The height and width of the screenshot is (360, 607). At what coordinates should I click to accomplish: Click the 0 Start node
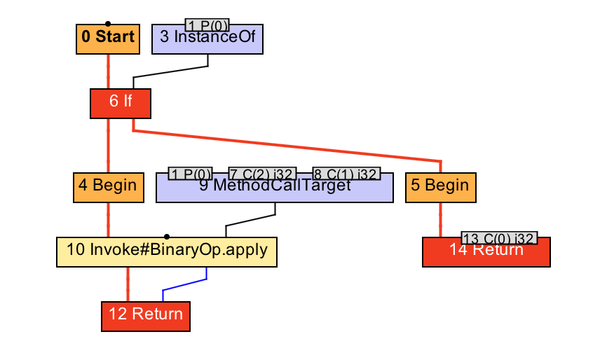[x=108, y=39]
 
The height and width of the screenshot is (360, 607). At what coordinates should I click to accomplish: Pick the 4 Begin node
[x=108, y=187]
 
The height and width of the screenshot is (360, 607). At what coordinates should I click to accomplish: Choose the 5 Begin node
[x=440, y=187]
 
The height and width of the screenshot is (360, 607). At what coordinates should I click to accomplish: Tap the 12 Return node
[x=146, y=316]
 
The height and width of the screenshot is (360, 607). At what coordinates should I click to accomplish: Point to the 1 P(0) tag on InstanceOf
[x=208, y=26]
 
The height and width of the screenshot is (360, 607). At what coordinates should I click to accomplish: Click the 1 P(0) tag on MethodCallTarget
[x=191, y=174]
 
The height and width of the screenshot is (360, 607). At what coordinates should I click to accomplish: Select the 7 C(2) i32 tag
[x=263, y=174]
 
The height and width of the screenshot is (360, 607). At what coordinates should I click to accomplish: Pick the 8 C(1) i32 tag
[x=346, y=174]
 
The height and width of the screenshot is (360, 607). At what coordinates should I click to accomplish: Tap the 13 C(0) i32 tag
[x=499, y=238]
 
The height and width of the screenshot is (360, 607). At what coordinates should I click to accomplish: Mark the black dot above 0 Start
[x=107, y=23]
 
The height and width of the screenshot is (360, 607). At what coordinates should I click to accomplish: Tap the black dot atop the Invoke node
[x=167, y=237]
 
